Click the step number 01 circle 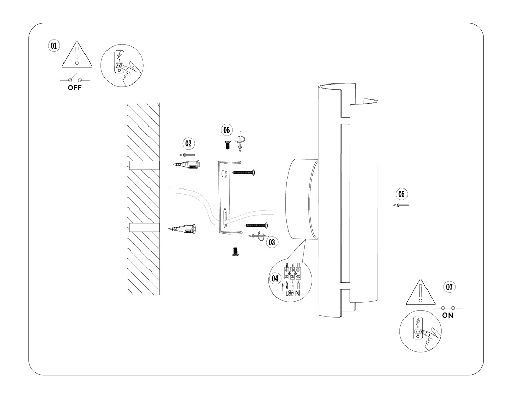[53, 45]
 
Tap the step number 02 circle [189, 144]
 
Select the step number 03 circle [272, 242]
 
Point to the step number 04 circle [275, 278]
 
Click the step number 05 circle [402, 194]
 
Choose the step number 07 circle [450, 287]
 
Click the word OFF [74, 88]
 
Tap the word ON [447, 316]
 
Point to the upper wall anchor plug [185, 165]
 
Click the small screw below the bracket [236, 252]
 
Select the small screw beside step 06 [227, 145]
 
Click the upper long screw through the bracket [244, 173]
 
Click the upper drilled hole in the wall [144, 165]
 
